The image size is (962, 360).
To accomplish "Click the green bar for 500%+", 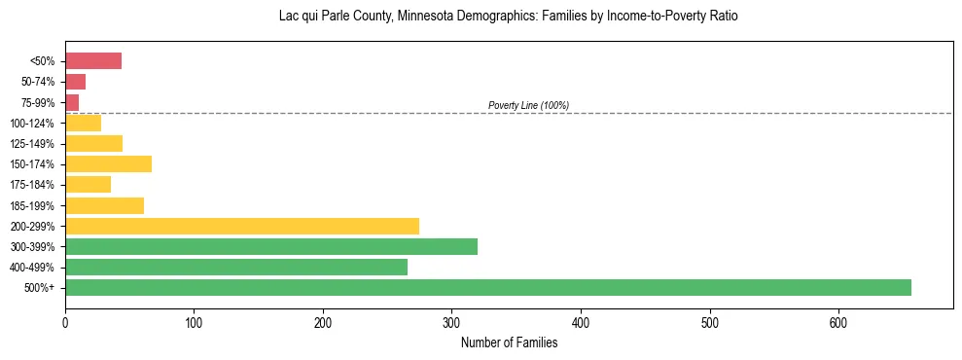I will [x=487, y=287].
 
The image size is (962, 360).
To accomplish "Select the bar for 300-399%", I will [x=271, y=246].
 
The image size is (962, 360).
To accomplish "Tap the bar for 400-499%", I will [x=236, y=267].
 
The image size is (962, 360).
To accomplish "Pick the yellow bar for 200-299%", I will [x=242, y=226].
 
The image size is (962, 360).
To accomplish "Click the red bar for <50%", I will [x=93, y=61].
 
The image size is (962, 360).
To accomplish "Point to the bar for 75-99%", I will [x=72, y=102].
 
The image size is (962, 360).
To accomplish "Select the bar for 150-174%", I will [x=108, y=163].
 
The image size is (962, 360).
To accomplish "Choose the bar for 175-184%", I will [x=88, y=184].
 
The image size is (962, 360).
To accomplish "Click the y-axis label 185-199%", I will [x=32, y=205].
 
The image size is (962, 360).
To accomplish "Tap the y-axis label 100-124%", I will [x=32, y=123].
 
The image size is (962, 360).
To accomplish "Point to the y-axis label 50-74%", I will [x=36, y=82].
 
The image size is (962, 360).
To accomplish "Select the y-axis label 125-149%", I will [x=32, y=143].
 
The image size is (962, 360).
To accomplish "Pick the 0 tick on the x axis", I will [x=65, y=322].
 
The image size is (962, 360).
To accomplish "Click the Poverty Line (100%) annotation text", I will [x=528, y=105].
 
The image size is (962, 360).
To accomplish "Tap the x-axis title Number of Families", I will [x=509, y=342].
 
